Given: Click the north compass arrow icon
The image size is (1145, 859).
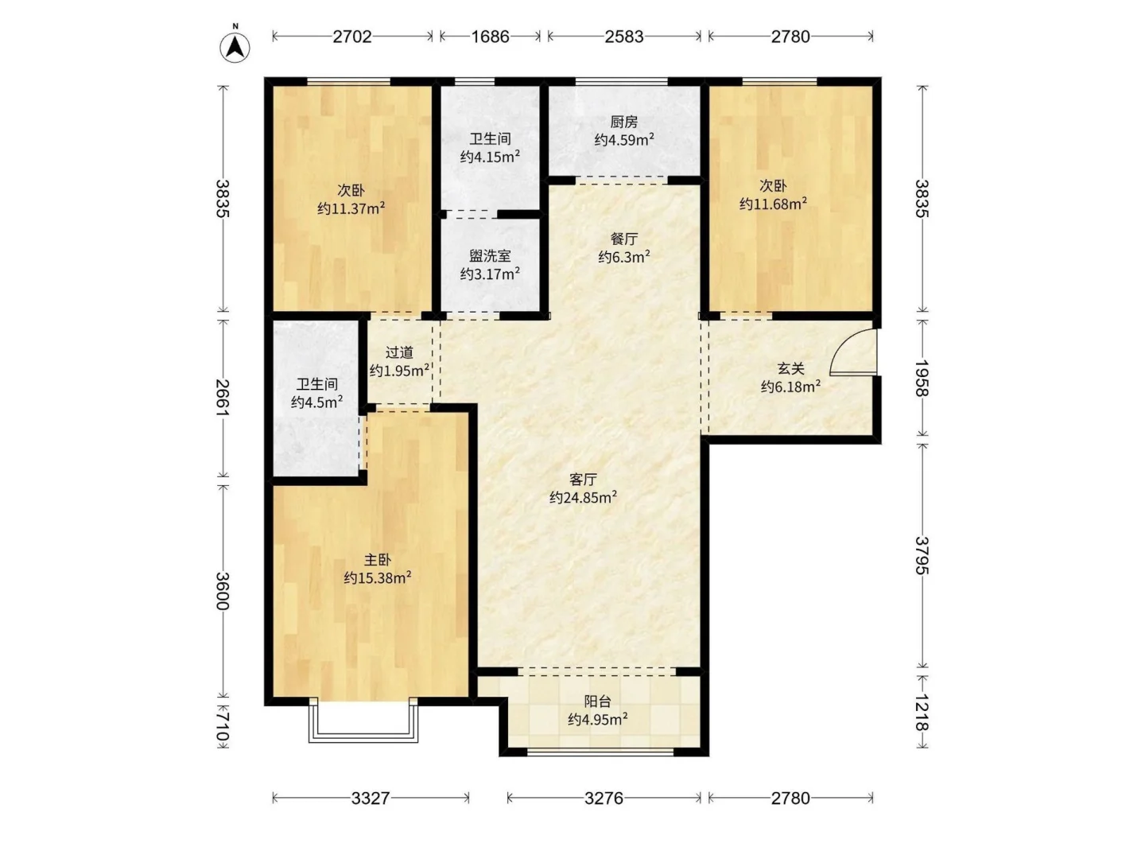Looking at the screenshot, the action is [235, 47].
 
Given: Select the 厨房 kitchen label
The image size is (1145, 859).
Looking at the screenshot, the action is [624, 122].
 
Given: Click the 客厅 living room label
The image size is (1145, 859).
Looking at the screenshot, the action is [583, 479].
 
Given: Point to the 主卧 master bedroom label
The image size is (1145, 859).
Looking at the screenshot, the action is [377, 560].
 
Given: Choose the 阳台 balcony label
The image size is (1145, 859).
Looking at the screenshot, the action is [597, 702].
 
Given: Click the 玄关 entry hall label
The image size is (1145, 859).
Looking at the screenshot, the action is [791, 369].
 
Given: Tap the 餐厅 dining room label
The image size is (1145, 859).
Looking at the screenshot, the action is [624, 239].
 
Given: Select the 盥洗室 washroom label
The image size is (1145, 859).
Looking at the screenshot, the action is [490, 255].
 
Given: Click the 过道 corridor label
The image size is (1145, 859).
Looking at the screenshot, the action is [399, 352].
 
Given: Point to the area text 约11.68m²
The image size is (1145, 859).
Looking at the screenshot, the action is [773, 203].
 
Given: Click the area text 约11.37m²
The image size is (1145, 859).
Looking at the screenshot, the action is [351, 208].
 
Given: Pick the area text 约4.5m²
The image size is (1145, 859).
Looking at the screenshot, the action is [316, 402].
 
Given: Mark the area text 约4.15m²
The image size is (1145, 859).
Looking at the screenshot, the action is [490, 156].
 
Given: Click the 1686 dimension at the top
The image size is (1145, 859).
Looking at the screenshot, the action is [491, 37].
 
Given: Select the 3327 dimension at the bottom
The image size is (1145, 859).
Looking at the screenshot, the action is [371, 798].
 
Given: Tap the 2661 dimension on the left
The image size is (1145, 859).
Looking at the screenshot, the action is [223, 398].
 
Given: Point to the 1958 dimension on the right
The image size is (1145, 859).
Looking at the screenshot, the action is [922, 378].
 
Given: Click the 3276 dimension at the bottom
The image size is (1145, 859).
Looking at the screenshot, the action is [604, 798].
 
